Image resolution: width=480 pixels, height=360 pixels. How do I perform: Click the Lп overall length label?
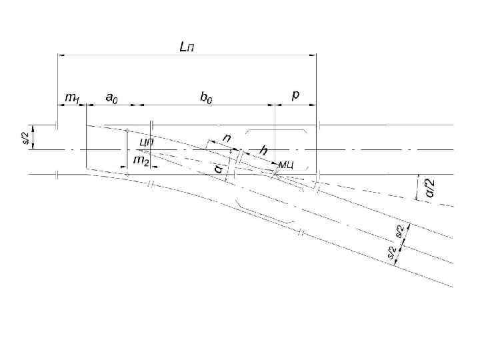187,47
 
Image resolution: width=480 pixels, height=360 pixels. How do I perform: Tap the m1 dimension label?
71,97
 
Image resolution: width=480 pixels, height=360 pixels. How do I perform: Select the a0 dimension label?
113,97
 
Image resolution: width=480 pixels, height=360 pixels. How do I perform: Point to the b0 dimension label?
207,97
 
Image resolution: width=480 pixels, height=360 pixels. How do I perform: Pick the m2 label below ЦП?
141,161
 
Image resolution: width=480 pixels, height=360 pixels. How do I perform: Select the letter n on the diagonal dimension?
227,138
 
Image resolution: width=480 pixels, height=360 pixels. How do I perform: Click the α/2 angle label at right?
430,189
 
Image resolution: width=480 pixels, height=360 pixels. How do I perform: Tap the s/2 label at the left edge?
26,137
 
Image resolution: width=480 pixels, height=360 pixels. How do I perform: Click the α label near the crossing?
218,169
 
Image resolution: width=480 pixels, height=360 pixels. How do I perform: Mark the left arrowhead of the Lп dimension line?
61,55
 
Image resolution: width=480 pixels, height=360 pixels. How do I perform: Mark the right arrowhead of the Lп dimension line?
313,55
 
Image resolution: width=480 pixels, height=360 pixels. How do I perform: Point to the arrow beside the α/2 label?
418,186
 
